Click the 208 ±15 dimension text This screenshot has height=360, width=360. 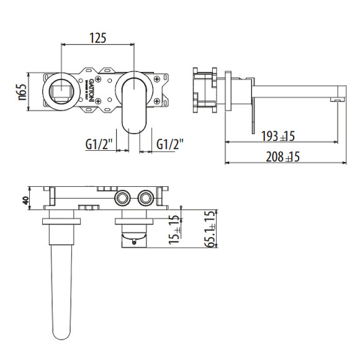click(282, 157)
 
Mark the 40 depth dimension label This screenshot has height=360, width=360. click(25, 200)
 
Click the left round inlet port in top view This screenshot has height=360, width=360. click(122, 198)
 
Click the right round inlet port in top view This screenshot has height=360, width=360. click(146, 198)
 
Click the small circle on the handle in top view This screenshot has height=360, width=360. click(131, 236)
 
